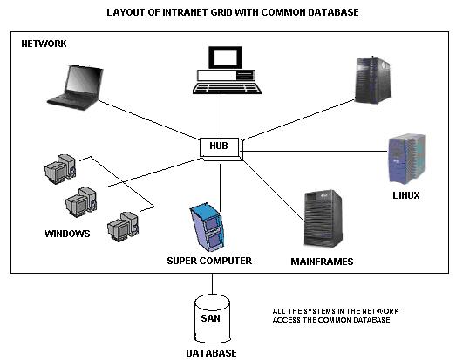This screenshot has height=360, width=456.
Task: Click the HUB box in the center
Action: [218, 146]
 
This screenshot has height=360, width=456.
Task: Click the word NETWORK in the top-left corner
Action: [44, 44]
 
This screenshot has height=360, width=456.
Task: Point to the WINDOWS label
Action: [67, 233]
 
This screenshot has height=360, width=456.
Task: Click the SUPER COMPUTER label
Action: [209, 261]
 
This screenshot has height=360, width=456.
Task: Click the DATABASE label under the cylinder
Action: [211, 353]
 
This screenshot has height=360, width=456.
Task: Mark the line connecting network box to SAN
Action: [212, 284]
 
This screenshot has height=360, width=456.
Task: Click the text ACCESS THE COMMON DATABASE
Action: [331, 320]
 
